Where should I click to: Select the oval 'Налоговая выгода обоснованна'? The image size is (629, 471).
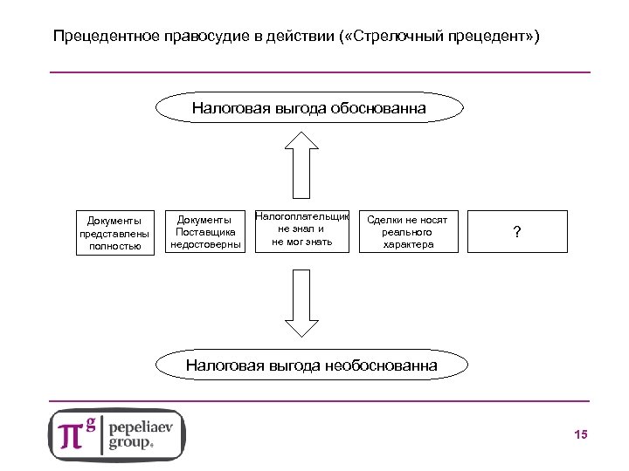click(309, 109)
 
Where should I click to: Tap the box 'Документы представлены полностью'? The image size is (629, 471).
click(115, 232)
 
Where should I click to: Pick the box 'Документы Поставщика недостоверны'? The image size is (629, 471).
click(205, 232)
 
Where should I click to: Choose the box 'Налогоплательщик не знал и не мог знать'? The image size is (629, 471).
click(302, 230)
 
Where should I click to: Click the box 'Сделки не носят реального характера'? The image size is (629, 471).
click(406, 232)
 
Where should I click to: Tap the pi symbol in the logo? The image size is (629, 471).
click(71, 434)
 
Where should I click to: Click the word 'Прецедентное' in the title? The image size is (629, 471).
click(97, 38)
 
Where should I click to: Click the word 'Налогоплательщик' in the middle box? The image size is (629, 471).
click(302, 216)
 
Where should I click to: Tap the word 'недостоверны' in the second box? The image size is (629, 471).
click(205, 245)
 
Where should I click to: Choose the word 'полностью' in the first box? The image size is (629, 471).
click(115, 246)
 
